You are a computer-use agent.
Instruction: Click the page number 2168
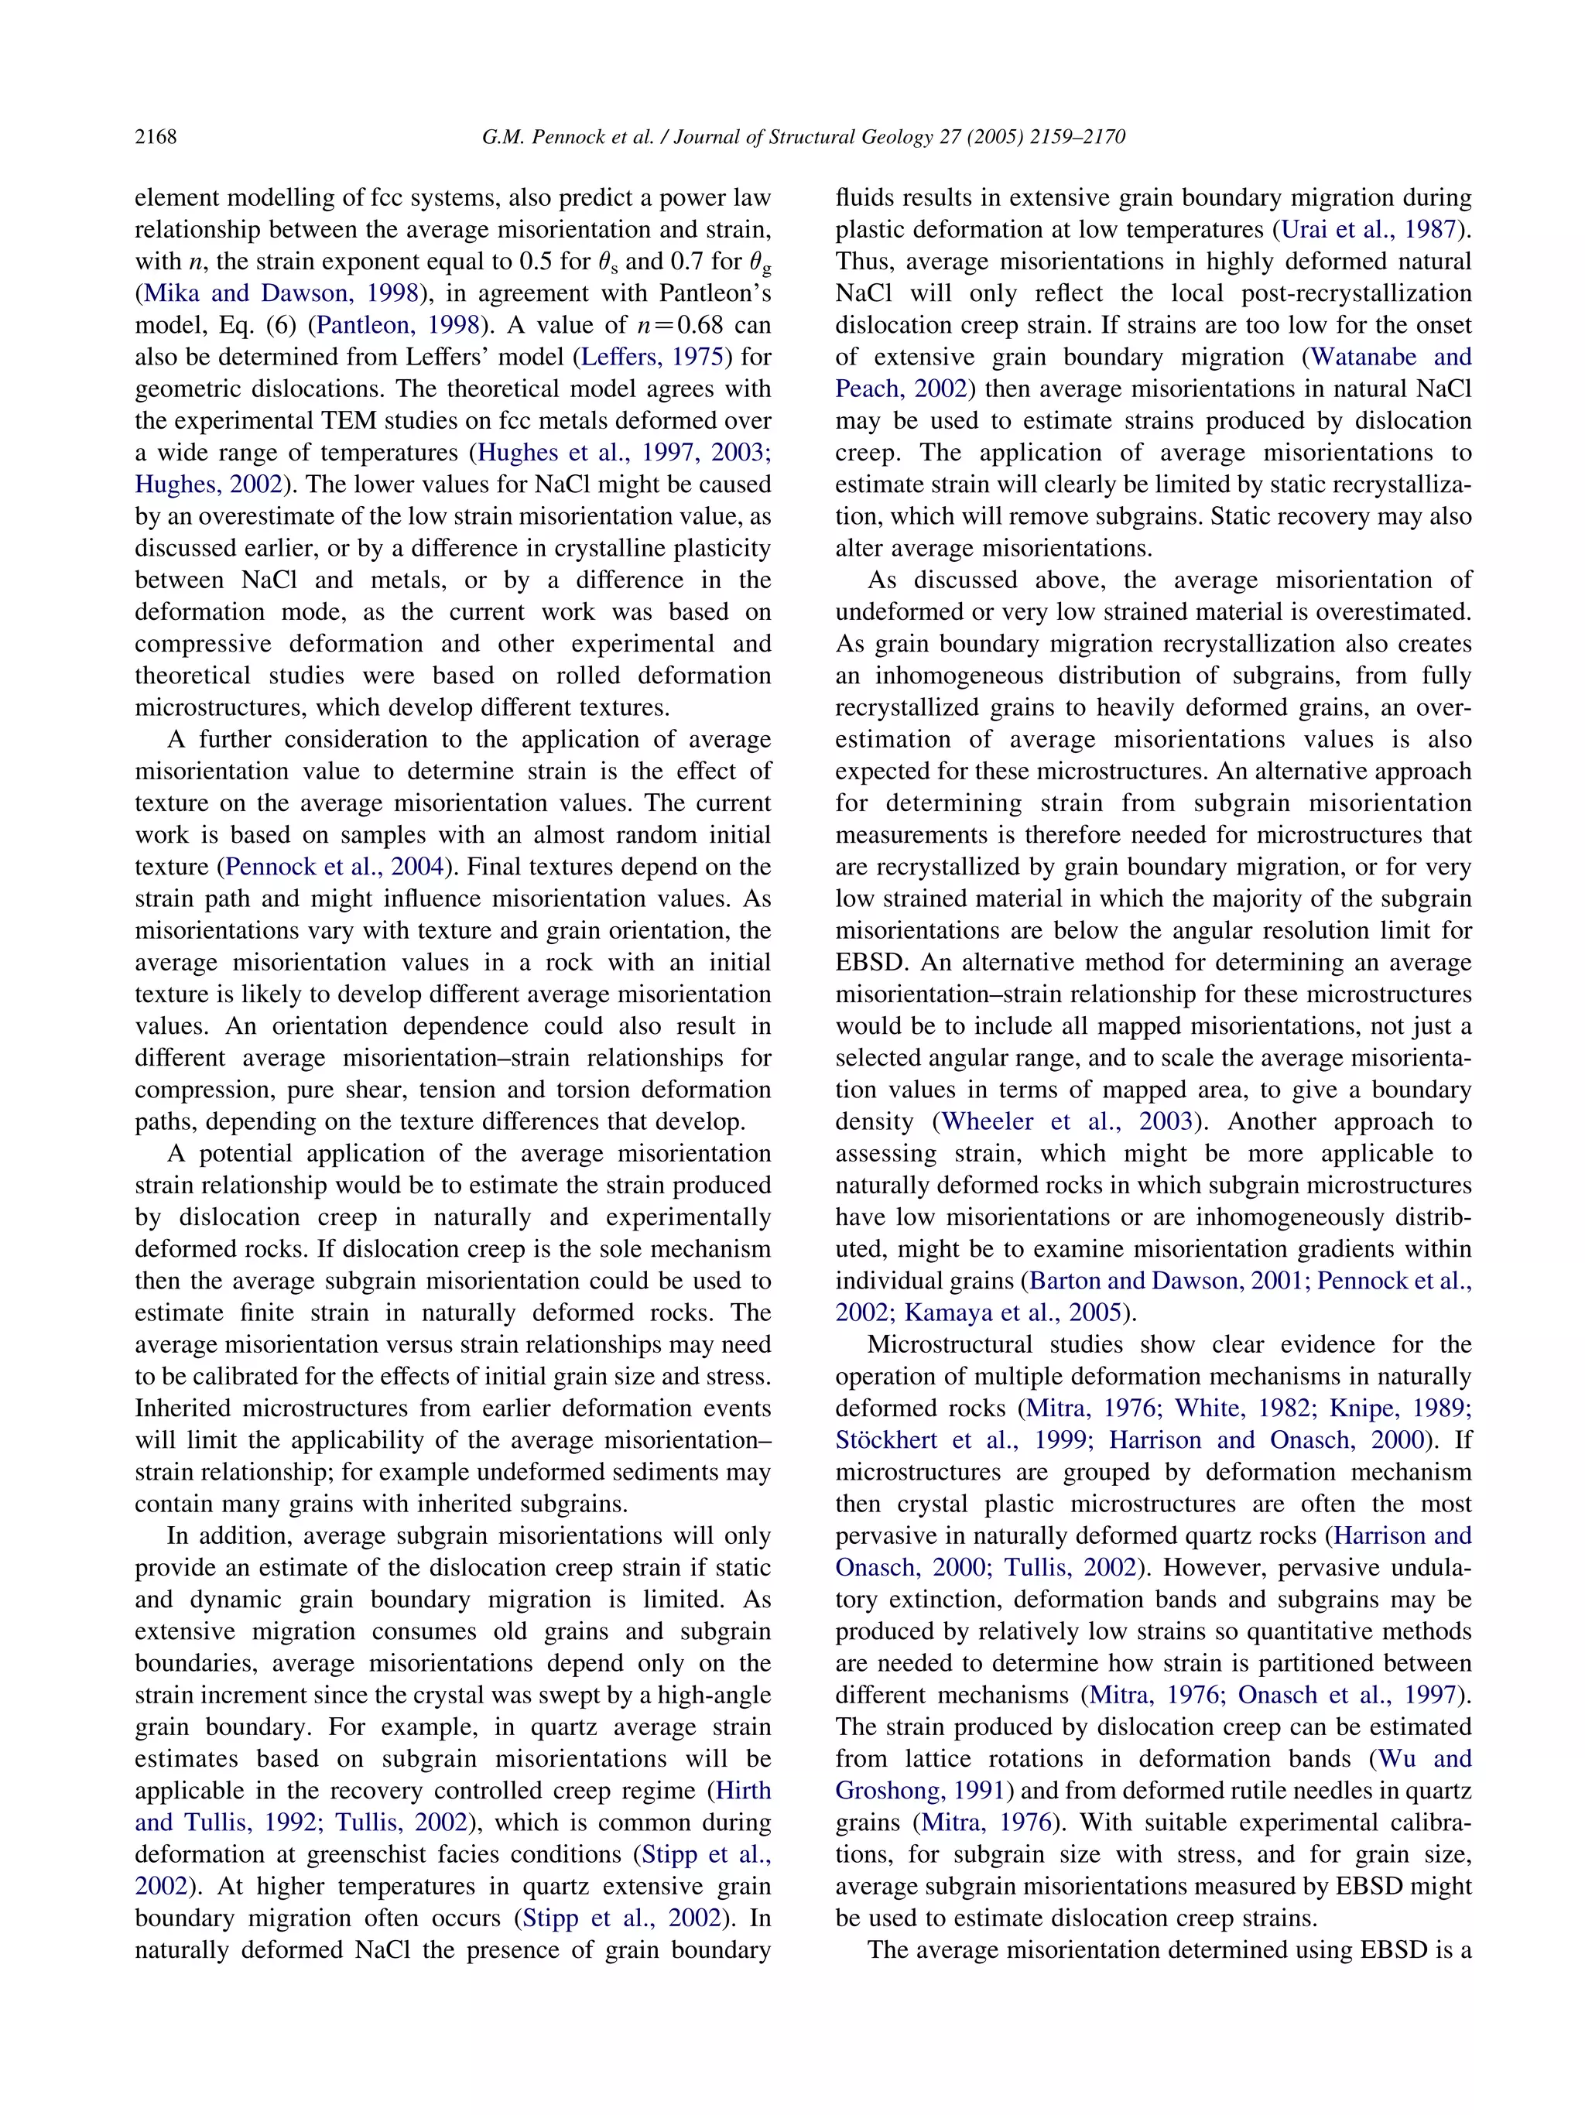click(155, 137)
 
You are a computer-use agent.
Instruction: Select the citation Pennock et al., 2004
click(334, 866)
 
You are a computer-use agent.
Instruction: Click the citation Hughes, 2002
click(208, 484)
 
